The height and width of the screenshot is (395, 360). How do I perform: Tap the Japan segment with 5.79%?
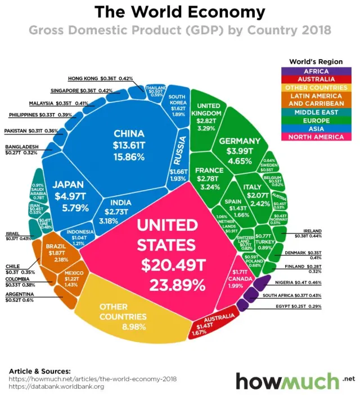pyautogui.click(x=68, y=194)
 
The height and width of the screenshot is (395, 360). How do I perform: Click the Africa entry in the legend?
pyautogui.click(x=316, y=71)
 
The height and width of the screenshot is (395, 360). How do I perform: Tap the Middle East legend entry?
pyautogui.click(x=316, y=112)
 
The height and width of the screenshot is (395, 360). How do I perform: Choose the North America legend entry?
pyautogui.click(x=316, y=137)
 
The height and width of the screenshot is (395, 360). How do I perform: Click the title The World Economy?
pyautogui.click(x=179, y=12)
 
